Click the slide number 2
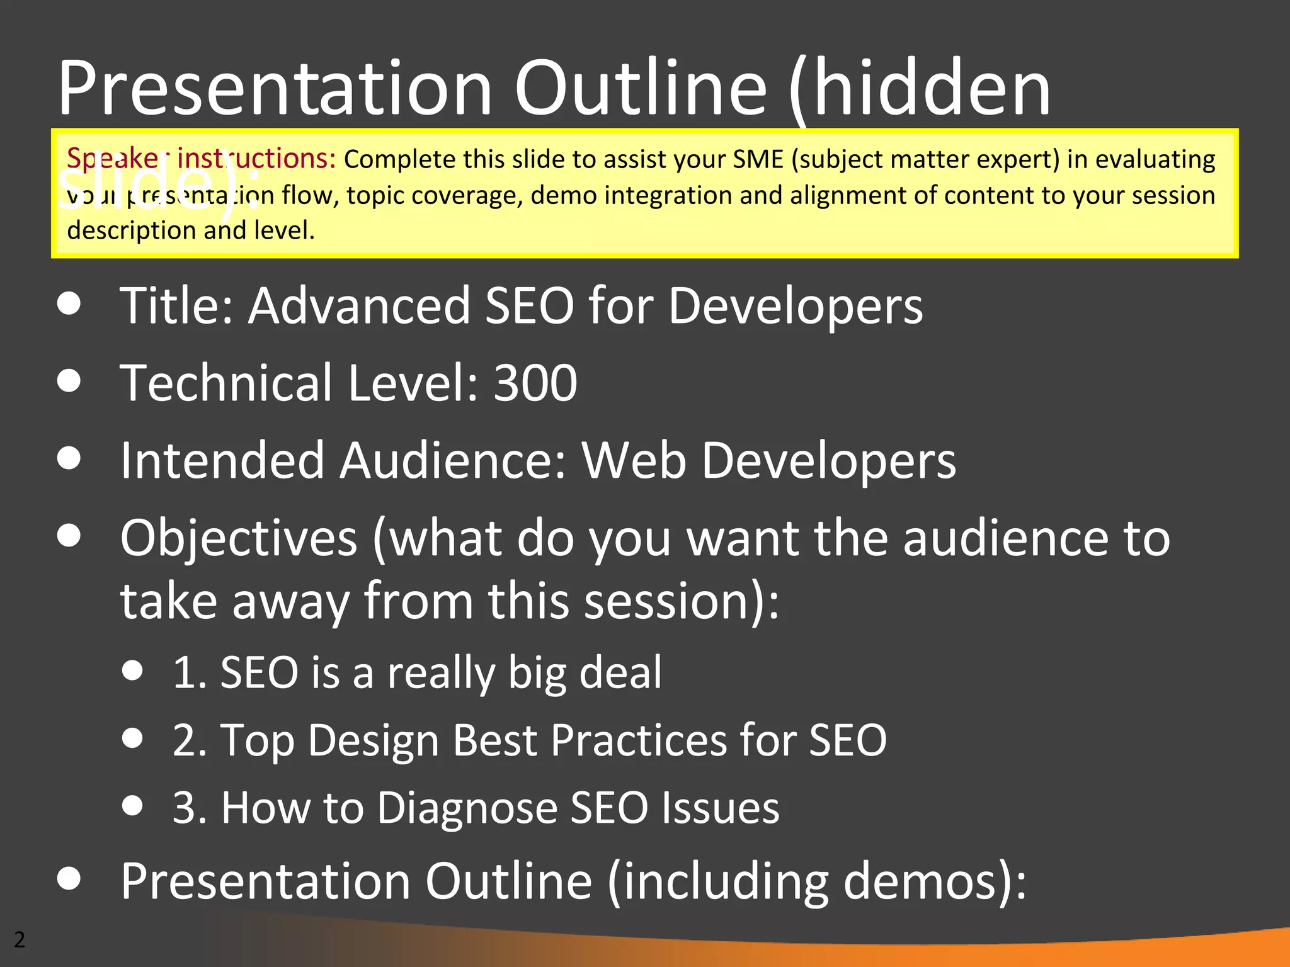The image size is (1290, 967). click(20, 939)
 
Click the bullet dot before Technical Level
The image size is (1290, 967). click(69, 381)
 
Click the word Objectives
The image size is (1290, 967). click(239, 538)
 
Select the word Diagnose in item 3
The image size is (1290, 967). click(467, 807)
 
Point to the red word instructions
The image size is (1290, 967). click(256, 158)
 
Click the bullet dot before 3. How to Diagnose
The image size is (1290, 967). click(132, 805)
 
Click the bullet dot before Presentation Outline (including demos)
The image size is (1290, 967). click(69, 879)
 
